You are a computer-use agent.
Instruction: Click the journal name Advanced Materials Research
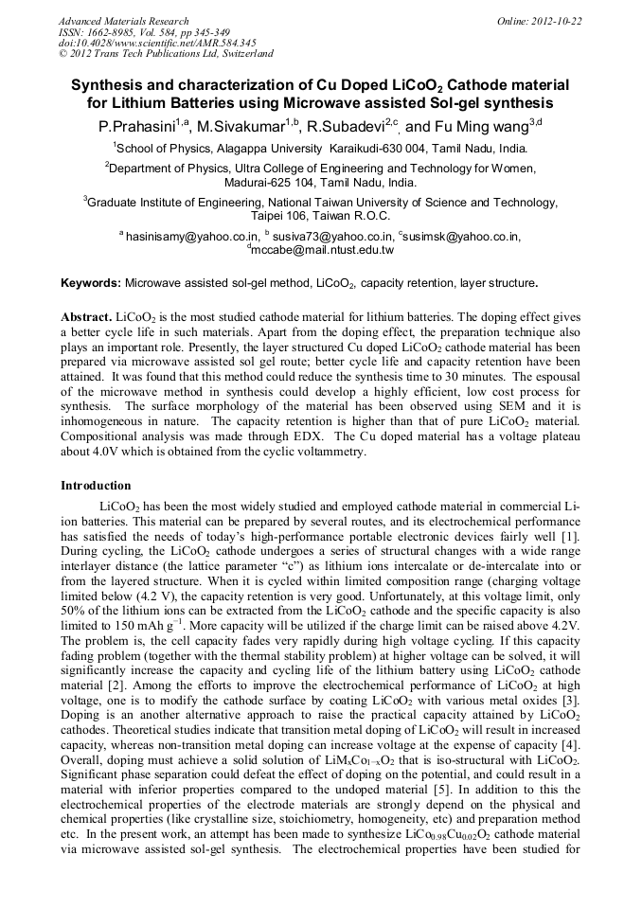(x=123, y=21)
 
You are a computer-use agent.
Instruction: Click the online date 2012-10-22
(x=553, y=21)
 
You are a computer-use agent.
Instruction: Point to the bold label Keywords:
(x=91, y=283)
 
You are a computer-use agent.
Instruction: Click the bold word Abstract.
(x=86, y=315)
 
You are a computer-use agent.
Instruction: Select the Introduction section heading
(x=96, y=486)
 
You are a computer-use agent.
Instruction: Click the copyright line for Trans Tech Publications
(x=167, y=55)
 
